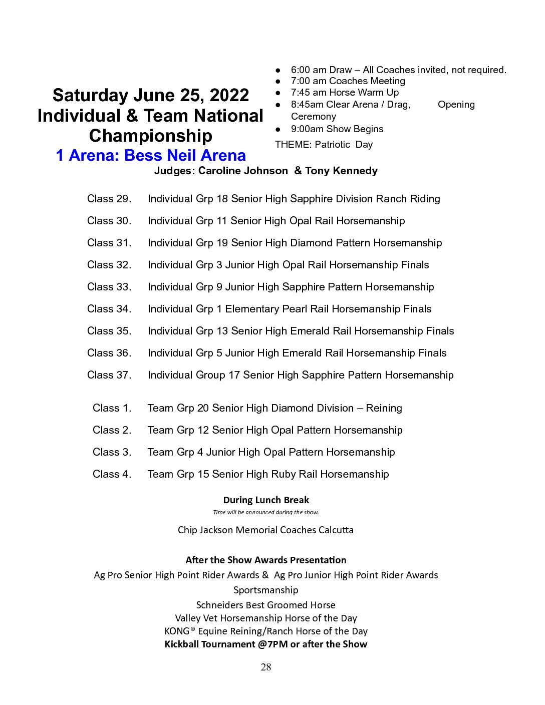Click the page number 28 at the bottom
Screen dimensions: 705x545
pos(266,667)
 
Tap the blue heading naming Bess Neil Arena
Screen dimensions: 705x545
pos(151,156)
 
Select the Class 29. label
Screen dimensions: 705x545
pos(109,199)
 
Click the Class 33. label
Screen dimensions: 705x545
pos(109,287)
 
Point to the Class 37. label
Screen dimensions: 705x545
pos(109,375)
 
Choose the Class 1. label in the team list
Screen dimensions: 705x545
pos(112,408)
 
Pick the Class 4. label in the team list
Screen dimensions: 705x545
pos(112,474)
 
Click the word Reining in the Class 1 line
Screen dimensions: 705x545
pos(384,408)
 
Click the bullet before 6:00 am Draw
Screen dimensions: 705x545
pos(278,70)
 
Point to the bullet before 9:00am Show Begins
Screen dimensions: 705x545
pos(278,129)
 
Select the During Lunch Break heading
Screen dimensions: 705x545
pos(266,500)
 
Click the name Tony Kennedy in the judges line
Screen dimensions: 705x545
pos(341,171)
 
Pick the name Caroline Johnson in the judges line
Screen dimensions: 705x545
pos(243,171)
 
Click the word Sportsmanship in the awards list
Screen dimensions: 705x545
pos(266,590)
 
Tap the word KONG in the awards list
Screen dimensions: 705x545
pos(177,631)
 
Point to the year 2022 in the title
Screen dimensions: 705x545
pos(229,95)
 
